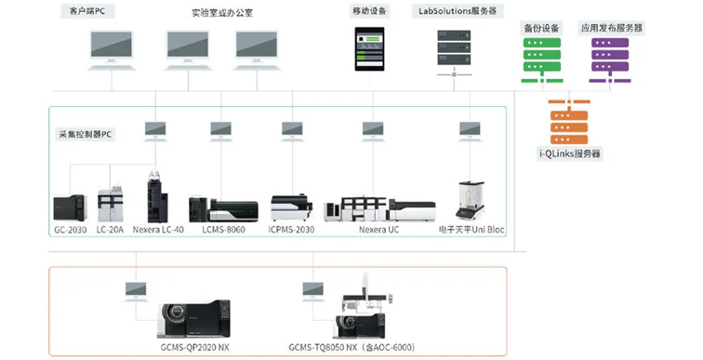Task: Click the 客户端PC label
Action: [87, 11]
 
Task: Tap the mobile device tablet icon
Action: [369, 49]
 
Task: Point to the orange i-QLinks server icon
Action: [569, 122]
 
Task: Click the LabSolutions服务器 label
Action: [458, 11]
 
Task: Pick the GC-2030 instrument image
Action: [71, 208]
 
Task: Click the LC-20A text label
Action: [110, 230]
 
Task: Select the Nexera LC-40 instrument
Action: [157, 196]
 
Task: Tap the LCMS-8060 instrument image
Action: [223, 210]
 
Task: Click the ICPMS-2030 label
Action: [291, 230]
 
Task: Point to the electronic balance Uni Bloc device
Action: [470, 200]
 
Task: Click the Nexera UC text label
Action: [378, 230]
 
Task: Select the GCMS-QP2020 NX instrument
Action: [194, 319]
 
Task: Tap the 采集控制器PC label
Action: [85, 134]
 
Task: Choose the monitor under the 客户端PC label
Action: [112, 50]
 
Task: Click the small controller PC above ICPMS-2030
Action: [292, 131]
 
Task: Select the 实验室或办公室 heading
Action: [222, 13]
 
